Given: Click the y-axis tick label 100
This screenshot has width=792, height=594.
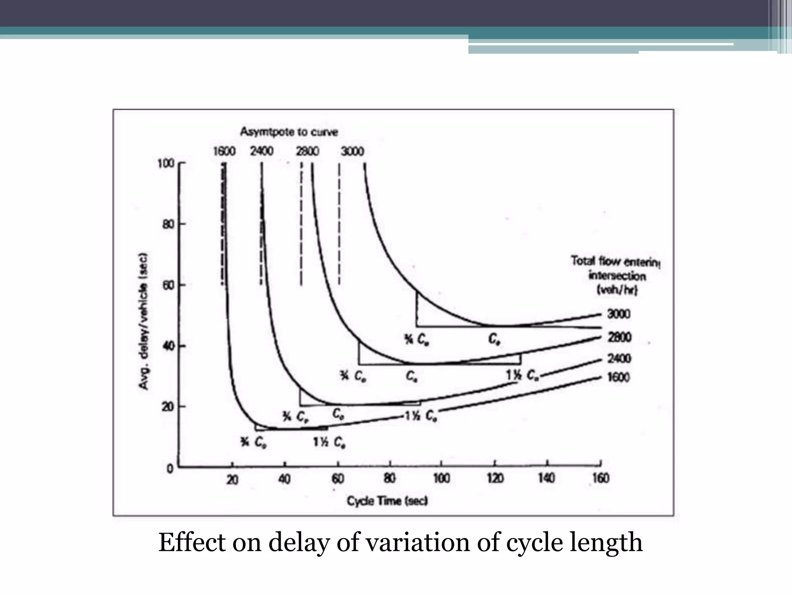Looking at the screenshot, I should [166, 163].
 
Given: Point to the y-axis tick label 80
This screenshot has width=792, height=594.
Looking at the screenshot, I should [169, 224].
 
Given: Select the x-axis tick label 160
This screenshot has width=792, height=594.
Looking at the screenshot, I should [601, 478].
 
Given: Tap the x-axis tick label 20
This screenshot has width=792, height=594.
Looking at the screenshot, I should [232, 480].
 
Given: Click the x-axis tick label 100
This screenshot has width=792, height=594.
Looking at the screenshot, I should [441, 479].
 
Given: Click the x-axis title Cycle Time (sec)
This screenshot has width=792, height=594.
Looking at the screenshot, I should [387, 501].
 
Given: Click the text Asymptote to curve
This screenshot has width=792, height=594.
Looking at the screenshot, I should [289, 132].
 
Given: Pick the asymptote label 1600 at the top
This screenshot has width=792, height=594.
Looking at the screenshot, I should [224, 151].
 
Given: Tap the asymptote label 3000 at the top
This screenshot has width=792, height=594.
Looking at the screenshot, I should [352, 151].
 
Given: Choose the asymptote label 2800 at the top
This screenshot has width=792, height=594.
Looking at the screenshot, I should [307, 151].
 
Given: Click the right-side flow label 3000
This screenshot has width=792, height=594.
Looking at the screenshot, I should [619, 314].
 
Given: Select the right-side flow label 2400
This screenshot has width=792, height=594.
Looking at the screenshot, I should [619, 358].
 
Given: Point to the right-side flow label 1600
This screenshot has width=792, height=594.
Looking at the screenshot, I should [618, 377].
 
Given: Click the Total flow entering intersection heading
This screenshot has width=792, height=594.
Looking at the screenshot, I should [616, 276].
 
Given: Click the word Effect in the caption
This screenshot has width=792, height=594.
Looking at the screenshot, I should [192, 542].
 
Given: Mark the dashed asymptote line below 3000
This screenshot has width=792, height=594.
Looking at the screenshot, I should [339, 224].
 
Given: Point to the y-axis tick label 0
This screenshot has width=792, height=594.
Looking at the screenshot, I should [170, 469].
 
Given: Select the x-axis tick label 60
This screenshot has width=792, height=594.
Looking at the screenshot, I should [338, 479].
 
